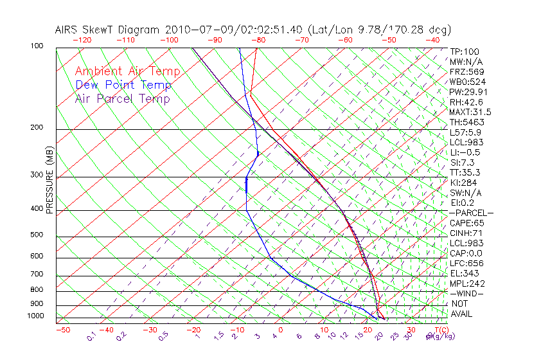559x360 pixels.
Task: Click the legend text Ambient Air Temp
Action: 127,71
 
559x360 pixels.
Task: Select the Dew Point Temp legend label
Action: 123,85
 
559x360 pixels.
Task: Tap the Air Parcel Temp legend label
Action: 122,98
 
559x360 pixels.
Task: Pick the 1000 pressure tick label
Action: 36,316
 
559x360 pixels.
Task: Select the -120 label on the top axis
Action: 82,40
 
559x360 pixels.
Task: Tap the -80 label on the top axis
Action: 258,40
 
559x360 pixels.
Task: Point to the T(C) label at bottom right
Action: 436,330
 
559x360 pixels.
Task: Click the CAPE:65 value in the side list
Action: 466,223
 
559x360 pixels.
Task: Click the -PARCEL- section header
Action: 471,213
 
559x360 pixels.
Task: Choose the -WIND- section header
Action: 466,294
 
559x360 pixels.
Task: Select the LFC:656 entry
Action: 467,264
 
